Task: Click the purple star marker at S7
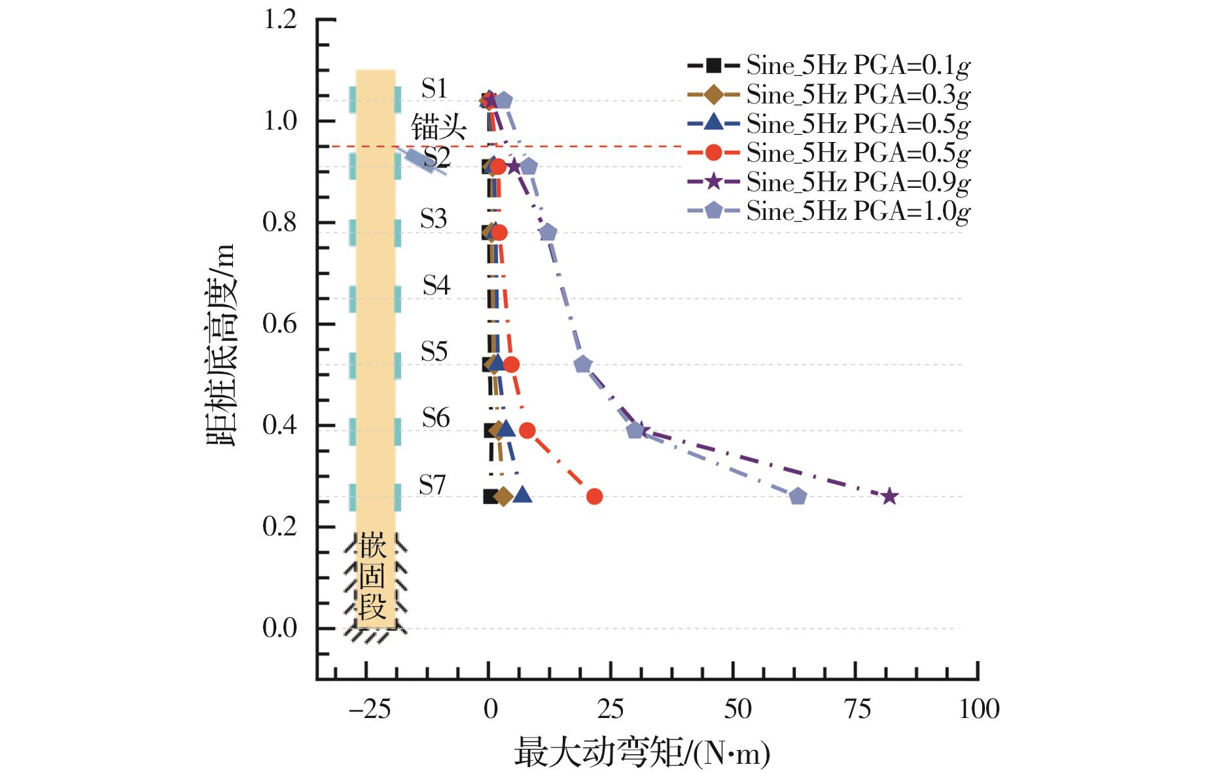889,497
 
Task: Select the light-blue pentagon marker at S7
797,497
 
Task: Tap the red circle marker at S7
594,497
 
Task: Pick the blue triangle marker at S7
522,495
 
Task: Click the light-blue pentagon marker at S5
582,365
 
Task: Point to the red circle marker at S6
527,431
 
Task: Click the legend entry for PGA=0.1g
828,65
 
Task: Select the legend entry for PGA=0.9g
828,182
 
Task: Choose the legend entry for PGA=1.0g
828,211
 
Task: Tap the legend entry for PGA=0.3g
828,95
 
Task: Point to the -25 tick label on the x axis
370,710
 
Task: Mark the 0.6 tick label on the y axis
280,324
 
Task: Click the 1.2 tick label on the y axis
280,20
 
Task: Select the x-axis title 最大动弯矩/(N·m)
642,753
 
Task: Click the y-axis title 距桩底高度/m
221,345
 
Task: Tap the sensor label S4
436,285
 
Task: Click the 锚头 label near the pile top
438,127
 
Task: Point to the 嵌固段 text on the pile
372,576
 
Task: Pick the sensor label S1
435,88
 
